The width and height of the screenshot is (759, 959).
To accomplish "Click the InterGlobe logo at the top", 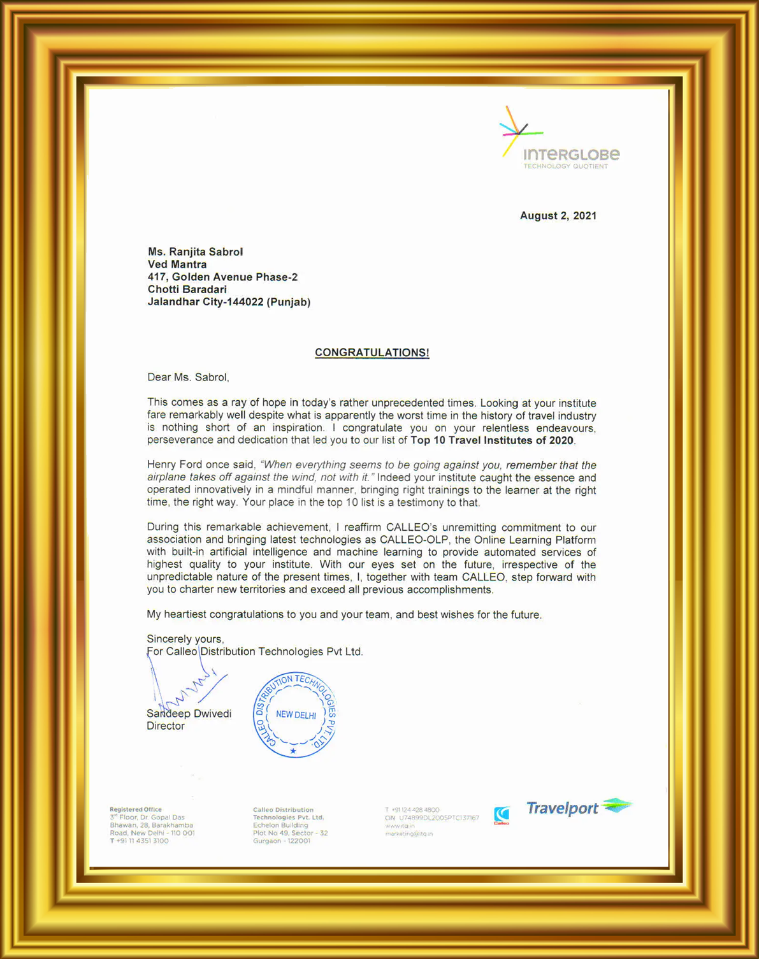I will (559, 140).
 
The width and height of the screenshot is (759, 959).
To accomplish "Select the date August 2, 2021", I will (558, 216).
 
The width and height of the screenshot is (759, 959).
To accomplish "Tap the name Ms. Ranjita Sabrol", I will (195, 252).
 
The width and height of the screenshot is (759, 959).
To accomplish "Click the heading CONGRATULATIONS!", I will (372, 352).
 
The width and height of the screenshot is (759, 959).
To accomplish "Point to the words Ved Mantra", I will (177, 264).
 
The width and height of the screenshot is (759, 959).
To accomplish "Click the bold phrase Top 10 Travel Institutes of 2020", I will (491, 440).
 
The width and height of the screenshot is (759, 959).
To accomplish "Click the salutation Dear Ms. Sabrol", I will (188, 377).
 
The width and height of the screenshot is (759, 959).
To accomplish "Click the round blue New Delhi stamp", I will (295, 715).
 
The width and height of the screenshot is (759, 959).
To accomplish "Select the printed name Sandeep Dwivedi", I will (189, 714).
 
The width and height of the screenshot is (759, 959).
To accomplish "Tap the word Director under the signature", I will (166, 726).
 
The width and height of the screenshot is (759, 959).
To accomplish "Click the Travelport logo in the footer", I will (578, 807).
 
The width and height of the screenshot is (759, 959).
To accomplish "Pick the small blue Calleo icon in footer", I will (502, 815).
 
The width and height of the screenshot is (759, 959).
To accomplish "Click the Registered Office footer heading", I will (136, 809).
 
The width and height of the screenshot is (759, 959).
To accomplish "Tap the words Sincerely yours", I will (185, 639).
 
